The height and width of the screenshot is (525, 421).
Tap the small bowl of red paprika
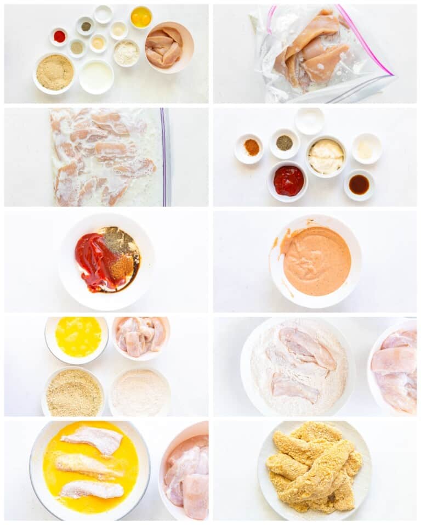[59, 36]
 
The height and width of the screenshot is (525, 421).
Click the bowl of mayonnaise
[326, 156]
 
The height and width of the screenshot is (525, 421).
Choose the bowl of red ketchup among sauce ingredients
[288, 180]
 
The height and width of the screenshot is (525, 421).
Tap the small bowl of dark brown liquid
[359, 184]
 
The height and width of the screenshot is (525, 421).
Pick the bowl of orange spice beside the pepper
[251, 147]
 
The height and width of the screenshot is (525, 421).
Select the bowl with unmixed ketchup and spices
[107, 261]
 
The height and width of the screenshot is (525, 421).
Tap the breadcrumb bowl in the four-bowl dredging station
[73, 392]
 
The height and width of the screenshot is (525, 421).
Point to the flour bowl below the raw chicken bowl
[140, 392]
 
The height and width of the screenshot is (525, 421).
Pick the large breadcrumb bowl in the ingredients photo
[54, 72]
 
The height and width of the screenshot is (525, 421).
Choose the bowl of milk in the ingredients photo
[96, 77]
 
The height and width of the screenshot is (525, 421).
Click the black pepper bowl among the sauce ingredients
[284, 143]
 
